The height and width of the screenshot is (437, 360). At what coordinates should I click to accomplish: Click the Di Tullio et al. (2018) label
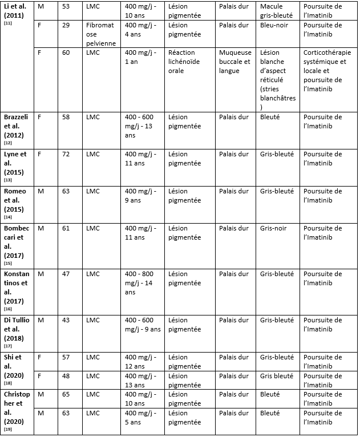click(18, 330)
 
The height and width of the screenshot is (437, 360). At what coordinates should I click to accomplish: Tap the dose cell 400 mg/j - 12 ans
click(140, 361)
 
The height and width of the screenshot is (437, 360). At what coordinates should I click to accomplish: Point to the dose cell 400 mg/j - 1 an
click(140, 56)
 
